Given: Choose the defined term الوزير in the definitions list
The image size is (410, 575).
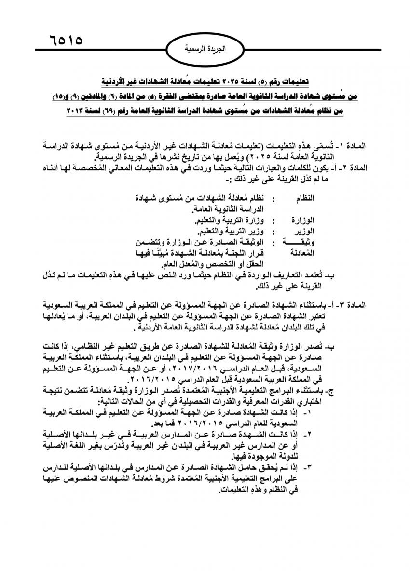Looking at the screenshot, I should point(304,232).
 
